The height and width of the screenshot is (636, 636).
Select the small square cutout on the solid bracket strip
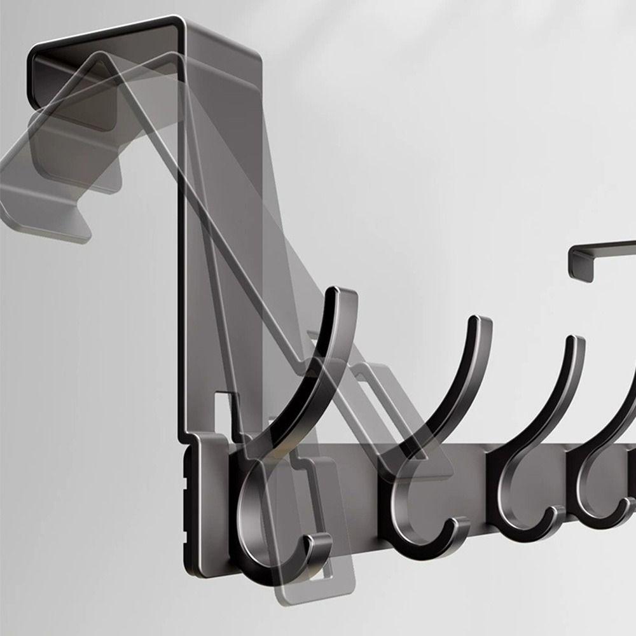pyautogui.click(x=223, y=407)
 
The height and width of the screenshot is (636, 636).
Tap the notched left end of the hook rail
pyautogui.click(x=188, y=496)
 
